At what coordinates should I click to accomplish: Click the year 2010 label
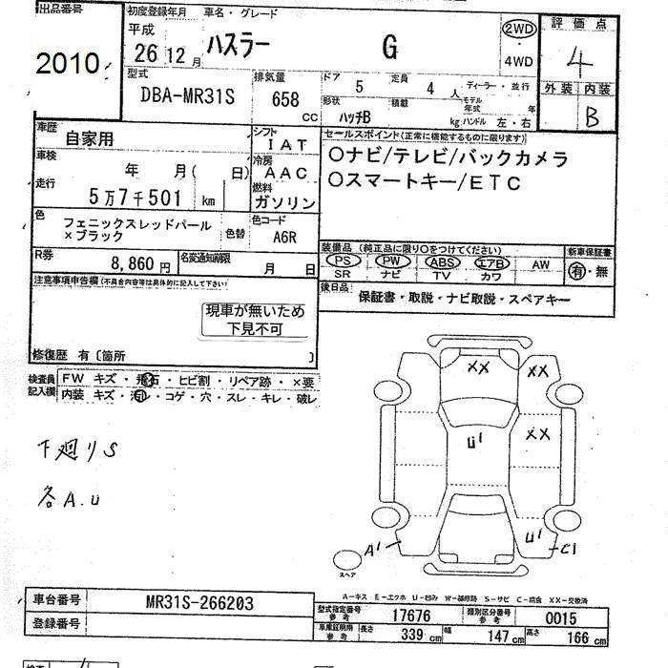click(x=67, y=63)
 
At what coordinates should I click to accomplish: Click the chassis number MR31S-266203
click(x=200, y=603)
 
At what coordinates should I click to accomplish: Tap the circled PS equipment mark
click(x=347, y=261)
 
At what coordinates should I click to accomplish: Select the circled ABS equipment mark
click(x=441, y=261)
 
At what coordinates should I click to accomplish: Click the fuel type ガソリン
click(x=285, y=203)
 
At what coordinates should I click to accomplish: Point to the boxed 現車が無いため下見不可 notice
click(x=255, y=320)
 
